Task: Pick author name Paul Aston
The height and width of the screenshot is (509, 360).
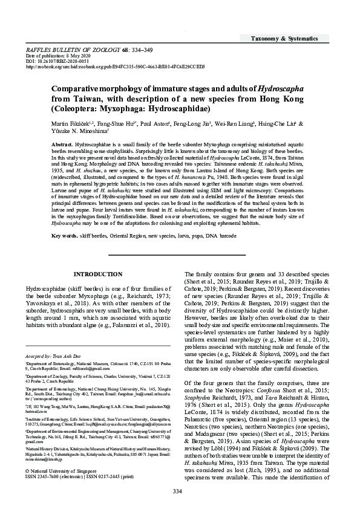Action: (x=163, y=124)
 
